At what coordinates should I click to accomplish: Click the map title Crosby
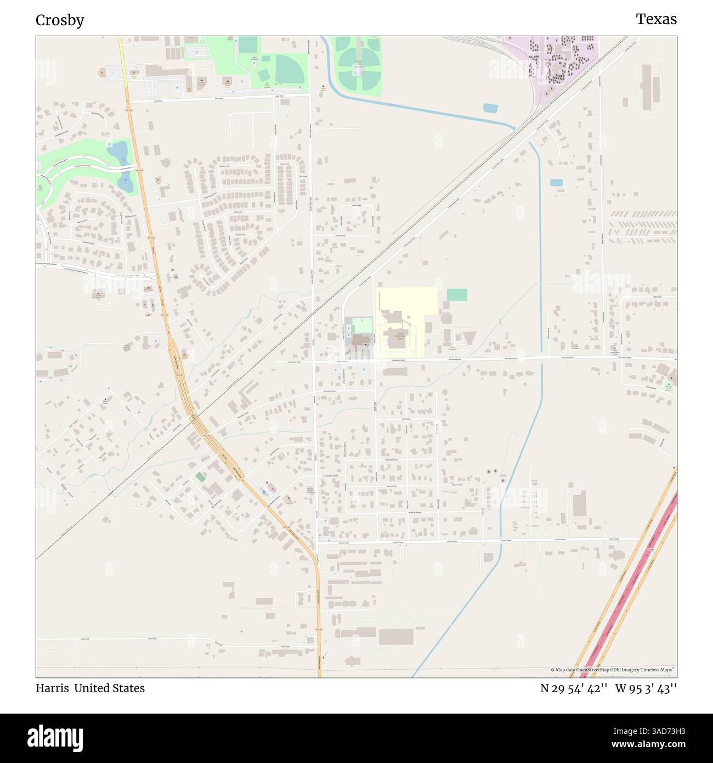coord(60,20)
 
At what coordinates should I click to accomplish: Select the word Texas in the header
coord(656,19)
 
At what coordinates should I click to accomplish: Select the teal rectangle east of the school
coord(456,295)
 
